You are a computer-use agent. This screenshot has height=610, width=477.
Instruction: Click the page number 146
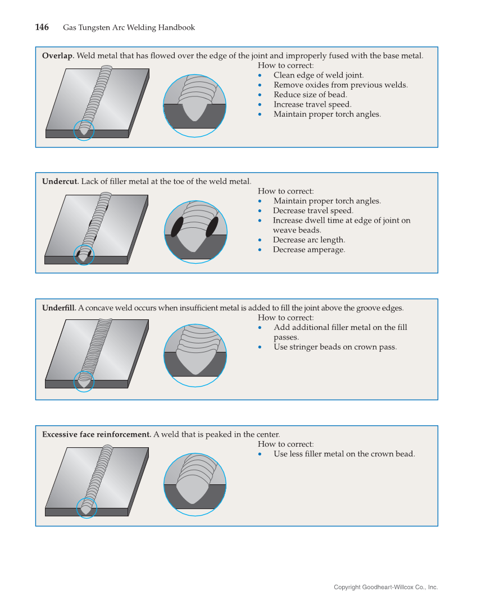[x=42, y=27]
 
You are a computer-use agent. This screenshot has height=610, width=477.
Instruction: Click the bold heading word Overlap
[x=58, y=56]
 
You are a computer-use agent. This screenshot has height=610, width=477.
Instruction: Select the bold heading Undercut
[x=60, y=181]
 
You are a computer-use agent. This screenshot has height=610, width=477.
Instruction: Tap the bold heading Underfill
[x=59, y=308]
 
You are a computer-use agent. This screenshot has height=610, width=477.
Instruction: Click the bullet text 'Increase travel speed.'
[x=312, y=104]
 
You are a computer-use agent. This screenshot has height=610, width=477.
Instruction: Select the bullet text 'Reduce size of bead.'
[x=310, y=94]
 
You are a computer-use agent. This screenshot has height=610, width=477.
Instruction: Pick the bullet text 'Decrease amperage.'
[x=309, y=250]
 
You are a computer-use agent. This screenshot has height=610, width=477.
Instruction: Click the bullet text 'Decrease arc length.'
[x=309, y=240]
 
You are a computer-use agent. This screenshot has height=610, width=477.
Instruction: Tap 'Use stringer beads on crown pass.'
[x=335, y=347]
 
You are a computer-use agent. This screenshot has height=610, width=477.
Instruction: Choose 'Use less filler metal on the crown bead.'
[x=344, y=453]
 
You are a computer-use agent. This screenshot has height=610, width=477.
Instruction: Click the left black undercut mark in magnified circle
[x=177, y=227]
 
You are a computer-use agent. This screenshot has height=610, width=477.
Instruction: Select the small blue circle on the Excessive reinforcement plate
[x=87, y=508]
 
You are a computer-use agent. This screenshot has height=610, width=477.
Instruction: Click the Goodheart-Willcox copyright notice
[x=385, y=587]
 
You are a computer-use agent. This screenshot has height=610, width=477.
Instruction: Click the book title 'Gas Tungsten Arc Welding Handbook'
[x=129, y=27]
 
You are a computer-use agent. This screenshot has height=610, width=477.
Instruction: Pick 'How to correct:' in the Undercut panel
[x=285, y=191]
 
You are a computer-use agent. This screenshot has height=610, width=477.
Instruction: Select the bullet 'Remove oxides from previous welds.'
[x=340, y=85]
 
